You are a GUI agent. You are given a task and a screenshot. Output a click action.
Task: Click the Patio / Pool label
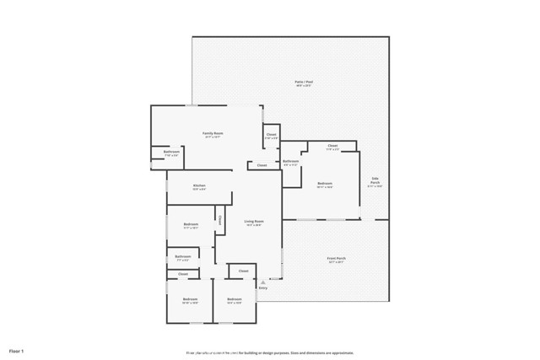pos(304,82)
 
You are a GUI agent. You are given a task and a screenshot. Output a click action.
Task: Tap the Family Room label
pos(213,133)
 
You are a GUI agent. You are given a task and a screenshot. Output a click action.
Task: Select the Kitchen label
pos(199,185)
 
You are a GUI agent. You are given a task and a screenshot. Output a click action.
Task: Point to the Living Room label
pos(252,222)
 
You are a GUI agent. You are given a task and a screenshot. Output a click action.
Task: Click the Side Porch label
pos(375,180)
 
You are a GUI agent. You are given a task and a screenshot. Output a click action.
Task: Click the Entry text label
pos(263,288)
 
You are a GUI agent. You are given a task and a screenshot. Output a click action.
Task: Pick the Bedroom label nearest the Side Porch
pos(325,183)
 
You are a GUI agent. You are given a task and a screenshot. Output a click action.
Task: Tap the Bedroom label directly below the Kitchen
pos(191,223)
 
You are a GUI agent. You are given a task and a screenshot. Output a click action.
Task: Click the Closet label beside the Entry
pos(243,271)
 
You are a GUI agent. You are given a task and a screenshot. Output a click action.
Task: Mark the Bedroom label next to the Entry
pos(235,298)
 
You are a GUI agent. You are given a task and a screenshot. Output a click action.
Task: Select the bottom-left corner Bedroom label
pos(190,298)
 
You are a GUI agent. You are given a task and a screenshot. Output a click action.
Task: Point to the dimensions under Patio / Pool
pos(304,86)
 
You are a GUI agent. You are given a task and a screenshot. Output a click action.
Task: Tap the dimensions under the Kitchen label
pos(199,190)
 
